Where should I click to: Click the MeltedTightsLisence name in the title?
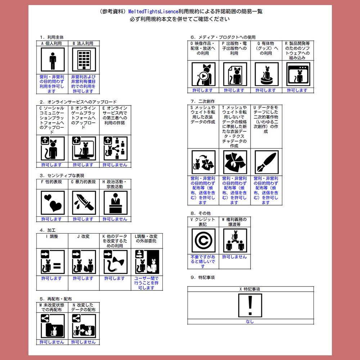click(153, 11)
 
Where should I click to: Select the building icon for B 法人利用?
click(84, 60)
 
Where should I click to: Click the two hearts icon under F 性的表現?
click(53, 203)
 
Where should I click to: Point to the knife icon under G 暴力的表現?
click(84, 203)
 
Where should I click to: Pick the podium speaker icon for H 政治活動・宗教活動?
click(116, 203)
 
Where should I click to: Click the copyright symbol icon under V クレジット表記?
click(203, 240)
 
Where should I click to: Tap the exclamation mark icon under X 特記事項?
click(250, 305)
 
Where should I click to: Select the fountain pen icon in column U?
click(266, 162)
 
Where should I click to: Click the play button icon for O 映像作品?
click(203, 76)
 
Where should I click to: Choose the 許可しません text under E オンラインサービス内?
click(115, 165)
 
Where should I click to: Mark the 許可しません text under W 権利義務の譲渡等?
click(234, 257)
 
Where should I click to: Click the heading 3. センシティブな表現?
click(62, 176)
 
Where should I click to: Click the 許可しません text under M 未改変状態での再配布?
click(52, 342)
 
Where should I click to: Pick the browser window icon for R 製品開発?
click(298, 75)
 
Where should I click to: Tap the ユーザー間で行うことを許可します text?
click(147, 283)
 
